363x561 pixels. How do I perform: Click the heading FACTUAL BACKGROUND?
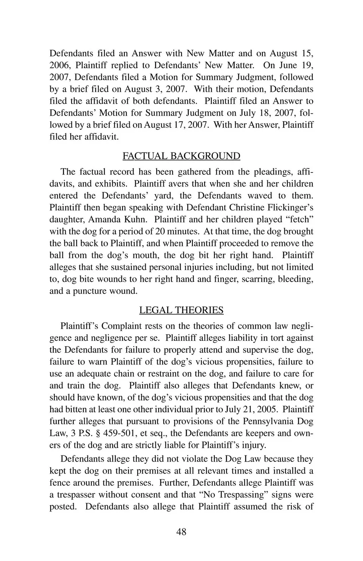point(181,156)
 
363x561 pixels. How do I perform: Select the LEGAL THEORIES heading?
point(181,310)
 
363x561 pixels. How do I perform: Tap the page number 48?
point(181,532)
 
